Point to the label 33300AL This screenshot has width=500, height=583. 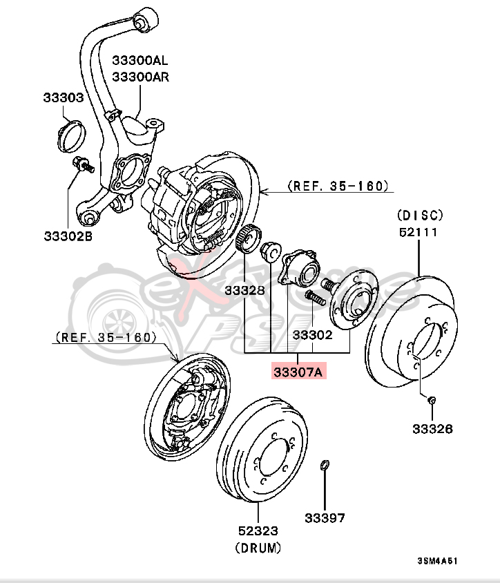click(x=140, y=61)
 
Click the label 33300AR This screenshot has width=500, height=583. click(x=140, y=76)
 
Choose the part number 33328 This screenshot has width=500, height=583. click(x=244, y=291)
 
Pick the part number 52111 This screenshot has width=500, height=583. click(x=418, y=232)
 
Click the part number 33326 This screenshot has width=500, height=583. click(x=432, y=429)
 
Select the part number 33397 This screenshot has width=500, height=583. click(x=325, y=517)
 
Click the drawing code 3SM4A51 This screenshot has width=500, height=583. click(x=437, y=561)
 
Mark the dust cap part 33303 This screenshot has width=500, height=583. click(x=68, y=135)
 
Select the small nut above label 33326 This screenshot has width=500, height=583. click(x=432, y=400)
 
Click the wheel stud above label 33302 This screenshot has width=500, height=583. click(x=314, y=299)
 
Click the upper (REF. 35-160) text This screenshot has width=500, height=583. click(x=338, y=186)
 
